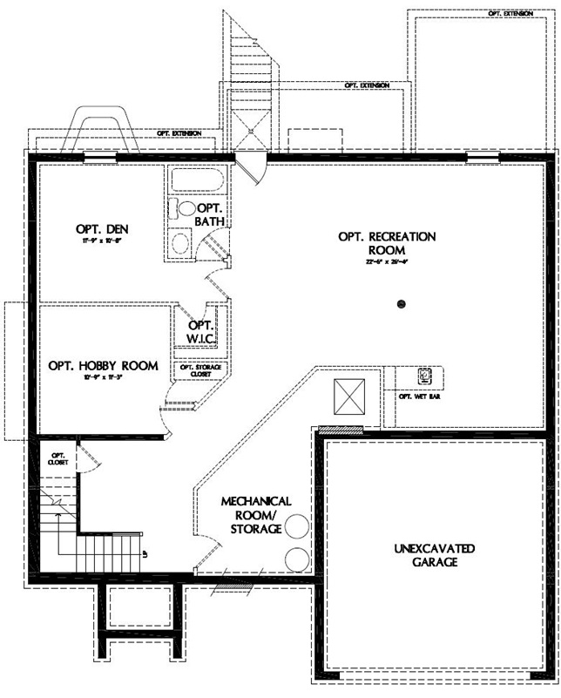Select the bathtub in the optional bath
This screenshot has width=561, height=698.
[x=196, y=181]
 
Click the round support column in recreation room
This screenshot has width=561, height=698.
[x=402, y=303]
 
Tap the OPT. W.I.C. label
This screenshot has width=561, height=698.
[x=201, y=331]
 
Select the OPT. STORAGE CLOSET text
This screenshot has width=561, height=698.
[x=200, y=370]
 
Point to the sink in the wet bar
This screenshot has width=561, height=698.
[x=424, y=376]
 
